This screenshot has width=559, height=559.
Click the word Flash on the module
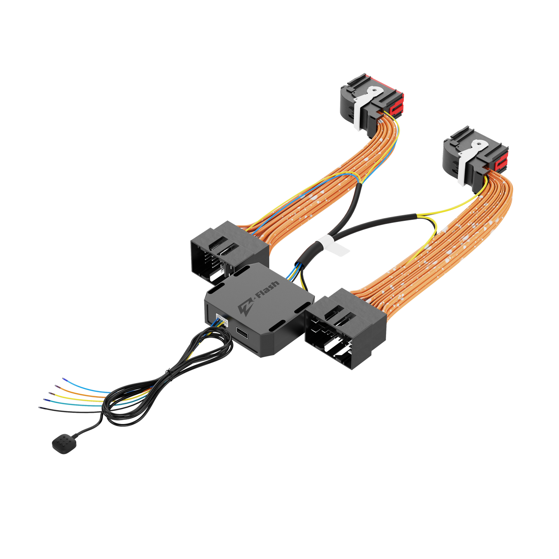(x=267, y=294)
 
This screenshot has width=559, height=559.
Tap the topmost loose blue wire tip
(x=63, y=378)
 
